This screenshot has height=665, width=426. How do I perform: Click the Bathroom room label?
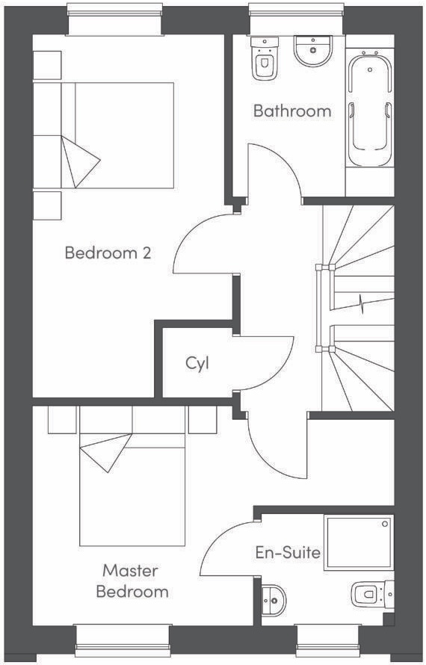click(292, 111)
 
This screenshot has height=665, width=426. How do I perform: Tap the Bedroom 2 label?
click(108, 253)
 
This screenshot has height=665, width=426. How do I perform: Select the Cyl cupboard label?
click(197, 364)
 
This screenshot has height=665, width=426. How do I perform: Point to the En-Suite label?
click(288, 553)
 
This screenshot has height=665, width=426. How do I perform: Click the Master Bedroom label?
click(132, 581)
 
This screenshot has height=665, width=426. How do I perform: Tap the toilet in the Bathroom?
click(265, 58)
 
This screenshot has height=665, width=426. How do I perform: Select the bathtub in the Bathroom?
click(370, 108)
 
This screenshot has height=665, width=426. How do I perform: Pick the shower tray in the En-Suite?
click(359, 542)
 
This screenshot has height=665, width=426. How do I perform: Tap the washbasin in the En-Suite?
click(274, 601)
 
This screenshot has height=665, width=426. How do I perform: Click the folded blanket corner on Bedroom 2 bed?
click(81, 162)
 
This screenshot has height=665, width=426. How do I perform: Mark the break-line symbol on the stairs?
click(362, 303)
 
